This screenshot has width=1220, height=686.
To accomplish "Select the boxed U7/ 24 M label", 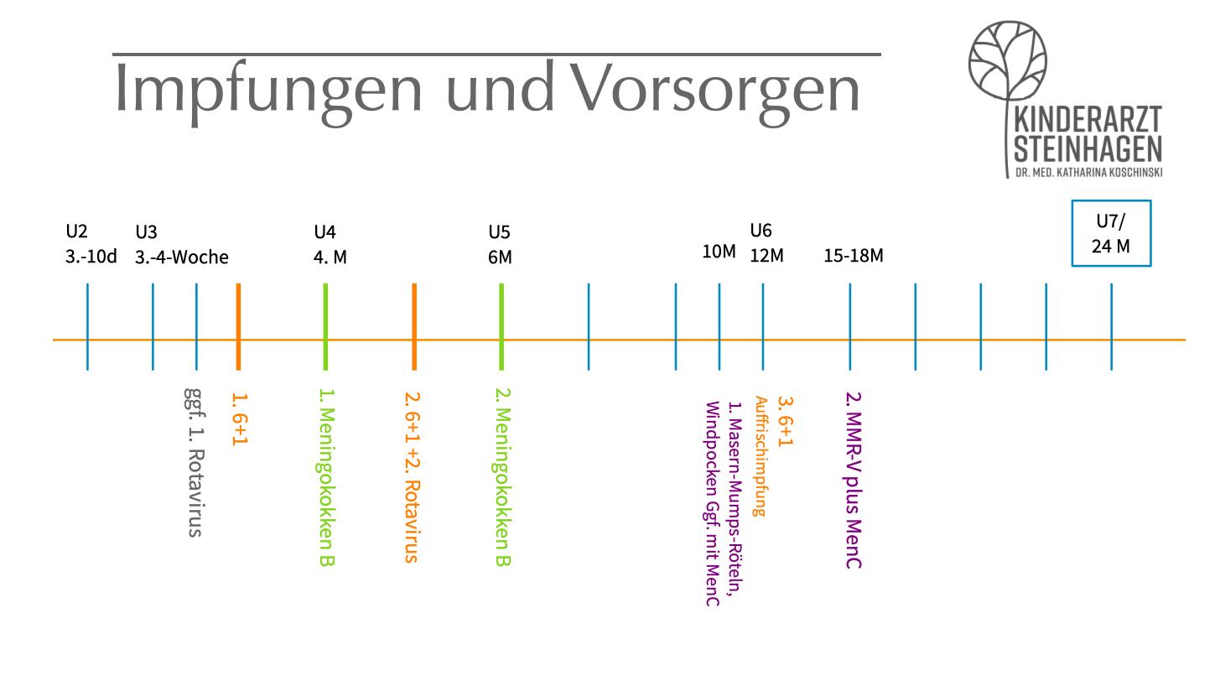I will coord(1111,233).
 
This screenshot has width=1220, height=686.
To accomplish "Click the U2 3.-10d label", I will coord(91,244).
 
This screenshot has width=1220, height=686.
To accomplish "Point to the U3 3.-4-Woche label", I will coord(181,245).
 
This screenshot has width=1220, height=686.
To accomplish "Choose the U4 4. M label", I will coord(330,245).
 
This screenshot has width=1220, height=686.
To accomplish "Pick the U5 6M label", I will coord(500,245).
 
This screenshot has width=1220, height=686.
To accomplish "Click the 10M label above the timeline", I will coord(719,252).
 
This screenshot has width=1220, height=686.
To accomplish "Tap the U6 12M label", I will coord(766,243).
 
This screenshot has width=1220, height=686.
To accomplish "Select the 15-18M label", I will coord(853,256).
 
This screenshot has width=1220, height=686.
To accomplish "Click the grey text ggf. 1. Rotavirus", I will coord(194,461).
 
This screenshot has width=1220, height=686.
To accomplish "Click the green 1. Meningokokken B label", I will coord(327,476).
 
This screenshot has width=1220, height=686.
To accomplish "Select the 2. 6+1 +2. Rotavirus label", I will coord(412,476).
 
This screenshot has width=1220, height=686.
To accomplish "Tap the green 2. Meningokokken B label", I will coord(502,476).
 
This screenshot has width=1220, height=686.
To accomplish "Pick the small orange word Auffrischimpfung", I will coord(760,456).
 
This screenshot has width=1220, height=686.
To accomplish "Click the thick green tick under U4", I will coord(325,326).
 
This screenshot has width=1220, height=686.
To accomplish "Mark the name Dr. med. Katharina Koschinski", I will coord(1088,172).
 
